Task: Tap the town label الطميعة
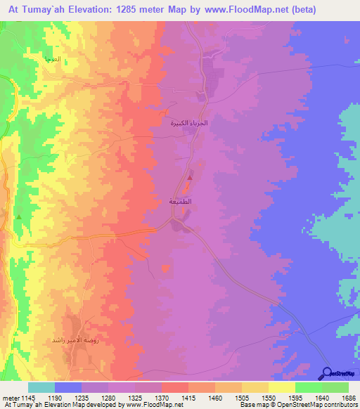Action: click(x=181, y=202)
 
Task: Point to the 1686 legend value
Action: click(x=347, y=398)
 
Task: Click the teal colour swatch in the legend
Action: click(x=41, y=387)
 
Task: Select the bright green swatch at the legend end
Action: click(x=335, y=387)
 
